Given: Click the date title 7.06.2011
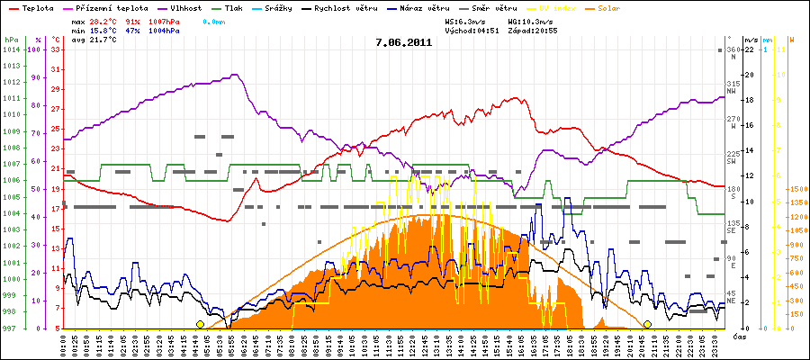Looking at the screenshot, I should (x=404, y=41).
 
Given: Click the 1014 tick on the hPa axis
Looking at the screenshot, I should (x=11, y=50).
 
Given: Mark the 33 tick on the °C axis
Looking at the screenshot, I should (x=55, y=50).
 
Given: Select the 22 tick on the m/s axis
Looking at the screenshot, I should (x=749, y=50).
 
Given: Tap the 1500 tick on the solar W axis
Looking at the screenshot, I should (x=796, y=190).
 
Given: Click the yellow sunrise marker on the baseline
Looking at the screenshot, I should (x=201, y=324).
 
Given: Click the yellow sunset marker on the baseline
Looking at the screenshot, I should (x=647, y=324).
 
